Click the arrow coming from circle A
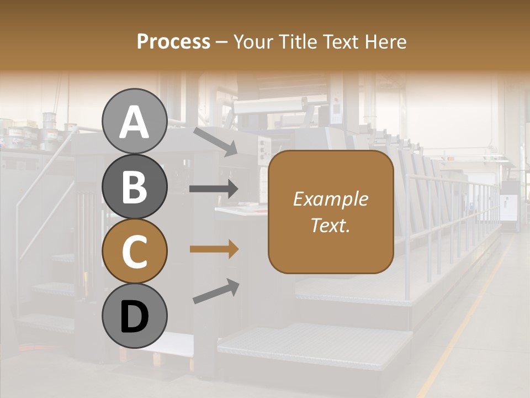point(215,141)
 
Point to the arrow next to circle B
point(214,189)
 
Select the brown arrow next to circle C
point(214,249)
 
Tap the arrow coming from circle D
point(216,291)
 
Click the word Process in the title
point(173,41)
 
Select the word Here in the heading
point(387,41)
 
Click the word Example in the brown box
point(330,199)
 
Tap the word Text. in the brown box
point(330,225)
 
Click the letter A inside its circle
point(134,122)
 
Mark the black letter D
point(134,317)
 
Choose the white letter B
point(134,187)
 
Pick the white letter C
point(134,252)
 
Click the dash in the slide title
point(222,42)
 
